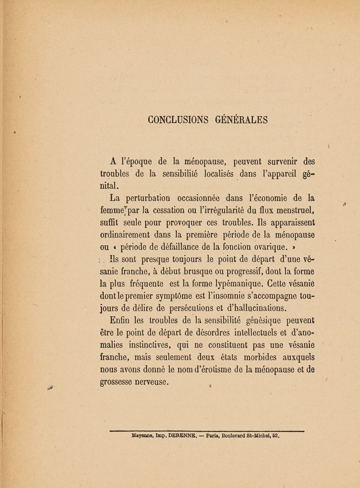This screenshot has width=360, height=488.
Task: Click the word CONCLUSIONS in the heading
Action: (x=181, y=120)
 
